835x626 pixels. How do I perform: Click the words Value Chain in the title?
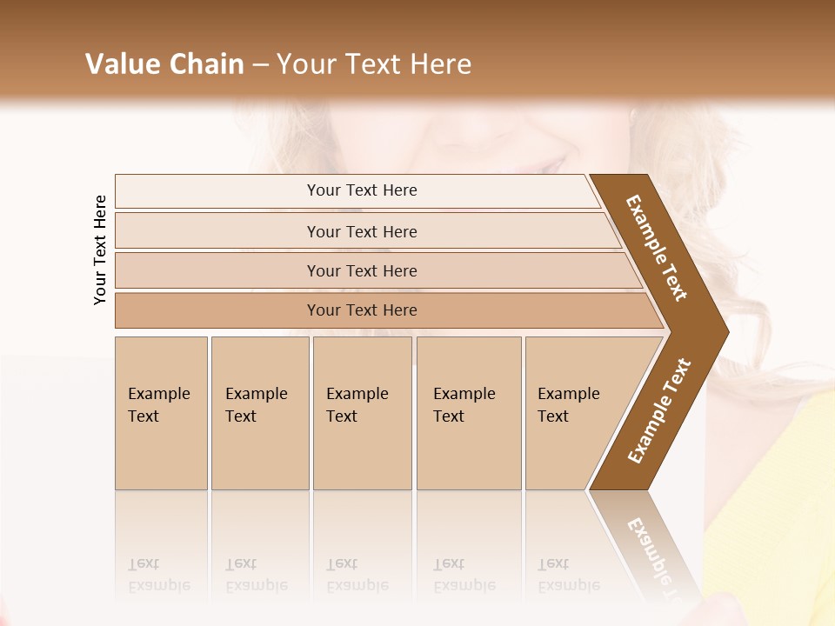(x=164, y=64)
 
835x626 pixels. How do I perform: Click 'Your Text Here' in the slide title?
(x=374, y=64)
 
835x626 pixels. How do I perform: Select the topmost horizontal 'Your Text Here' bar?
(x=361, y=190)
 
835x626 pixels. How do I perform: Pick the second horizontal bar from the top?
(x=361, y=231)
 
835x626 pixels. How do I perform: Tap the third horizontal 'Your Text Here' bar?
(x=361, y=270)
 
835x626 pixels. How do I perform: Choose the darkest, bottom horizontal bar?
(x=361, y=310)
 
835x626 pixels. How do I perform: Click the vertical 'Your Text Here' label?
(x=101, y=250)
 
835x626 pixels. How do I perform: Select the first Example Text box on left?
(x=161, y=413)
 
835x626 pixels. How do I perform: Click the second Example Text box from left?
(x=259, y=413)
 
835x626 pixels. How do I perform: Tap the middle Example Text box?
(x=362, y=413)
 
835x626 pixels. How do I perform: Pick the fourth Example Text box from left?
(x=469, y=413)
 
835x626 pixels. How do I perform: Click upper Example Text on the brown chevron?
(x=657, y=248)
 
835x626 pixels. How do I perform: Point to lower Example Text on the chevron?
(x=658, y=411)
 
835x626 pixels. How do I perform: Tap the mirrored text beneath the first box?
(x=158, y=575)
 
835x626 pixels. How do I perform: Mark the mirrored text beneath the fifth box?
(x=568, y=575)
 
